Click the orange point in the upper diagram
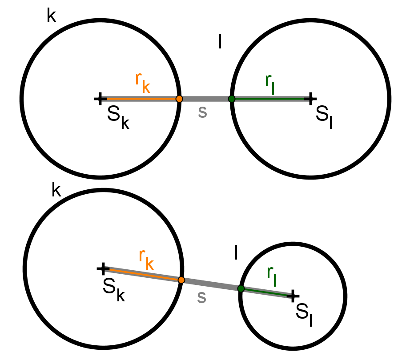tap(179, 99)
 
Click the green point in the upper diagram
tap(232, 99)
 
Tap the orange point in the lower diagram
tap(181, 280)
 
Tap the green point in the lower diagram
tap(241, 288)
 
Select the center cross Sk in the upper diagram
tap(100, 99)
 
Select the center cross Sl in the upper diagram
tap(310, 99)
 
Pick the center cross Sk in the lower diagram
tap(103, 268)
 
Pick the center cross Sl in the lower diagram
tap(293, 296)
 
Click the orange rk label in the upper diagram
tap(143, 82)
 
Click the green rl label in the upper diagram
tap(270, 84)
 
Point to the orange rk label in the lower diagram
tap(146, 259)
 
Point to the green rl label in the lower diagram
tap(272, 276)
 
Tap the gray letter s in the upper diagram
tap(202, 112)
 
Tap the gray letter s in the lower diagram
tap(202, 297)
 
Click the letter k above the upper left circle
tap(52, 15)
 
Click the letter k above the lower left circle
tap(56, 189)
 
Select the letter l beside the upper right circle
tap(220, 41)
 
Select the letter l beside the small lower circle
tap(236, 252)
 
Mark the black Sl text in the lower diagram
tap(304, 315)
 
